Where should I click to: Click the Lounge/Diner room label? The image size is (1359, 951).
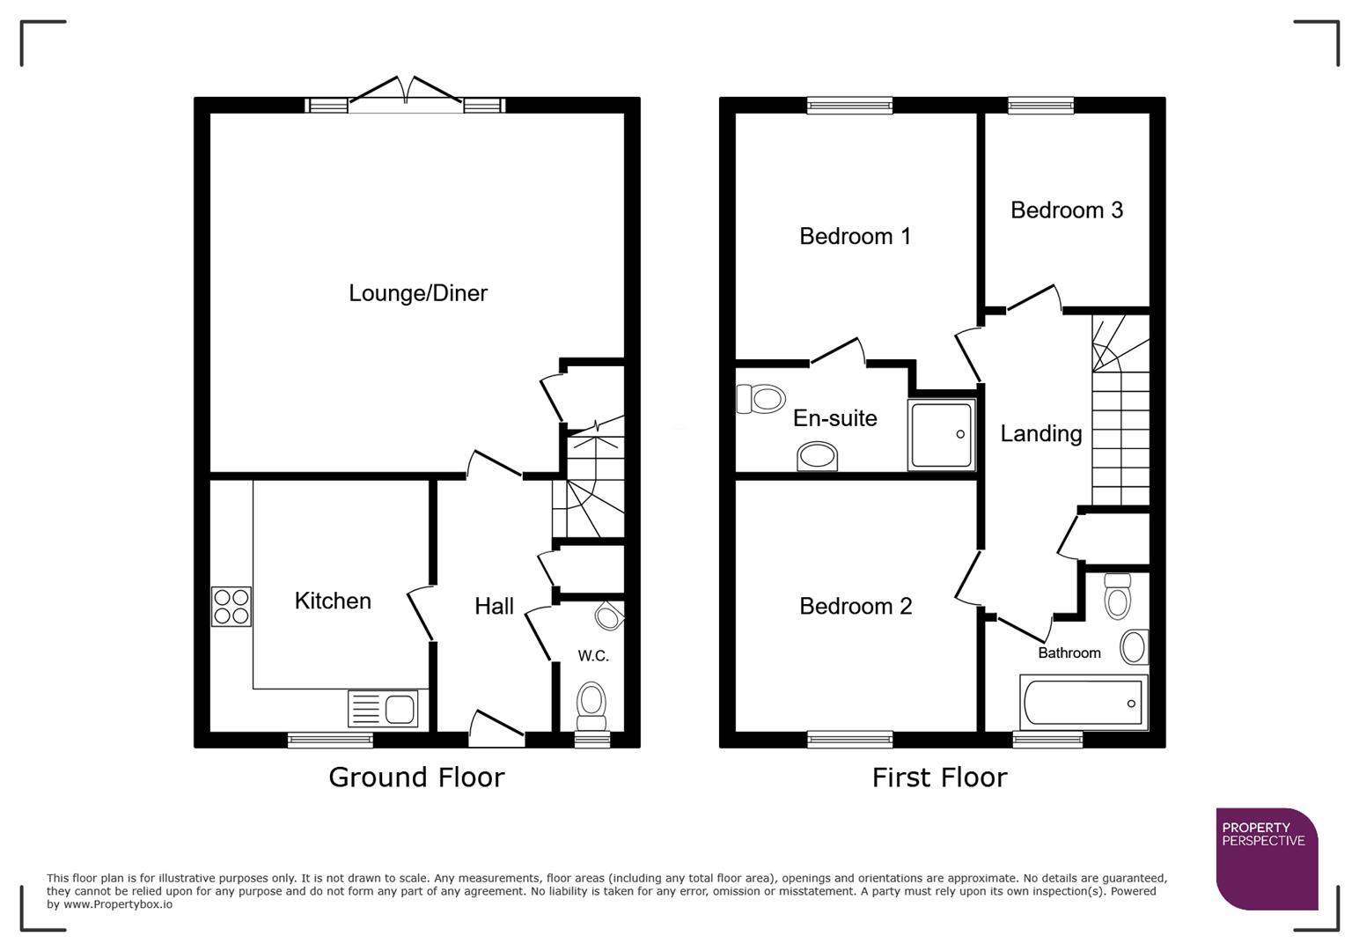[417, 293]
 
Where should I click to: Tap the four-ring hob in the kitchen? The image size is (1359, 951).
[231, 607]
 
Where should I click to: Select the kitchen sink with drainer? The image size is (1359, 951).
[383, 709]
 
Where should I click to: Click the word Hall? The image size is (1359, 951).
[494, 606]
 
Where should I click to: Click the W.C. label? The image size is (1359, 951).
[593, 656]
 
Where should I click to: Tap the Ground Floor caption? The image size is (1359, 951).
[416, 778]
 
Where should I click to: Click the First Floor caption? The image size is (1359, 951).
[939, 778]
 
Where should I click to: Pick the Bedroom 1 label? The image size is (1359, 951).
[855, 236]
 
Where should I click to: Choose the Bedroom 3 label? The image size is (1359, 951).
[1066, 210]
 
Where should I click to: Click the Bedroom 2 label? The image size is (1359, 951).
[855, 606]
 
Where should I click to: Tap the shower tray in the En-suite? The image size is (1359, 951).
[941, 435]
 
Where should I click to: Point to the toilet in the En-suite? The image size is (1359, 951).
[760, 399]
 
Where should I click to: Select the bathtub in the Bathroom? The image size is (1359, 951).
[1084, 703]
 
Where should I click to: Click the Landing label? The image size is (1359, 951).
[1040, 433]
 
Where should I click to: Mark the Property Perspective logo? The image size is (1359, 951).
[1266, 859]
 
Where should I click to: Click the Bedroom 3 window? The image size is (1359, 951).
[1040, 106]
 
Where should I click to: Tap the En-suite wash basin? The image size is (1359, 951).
[818, 456]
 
